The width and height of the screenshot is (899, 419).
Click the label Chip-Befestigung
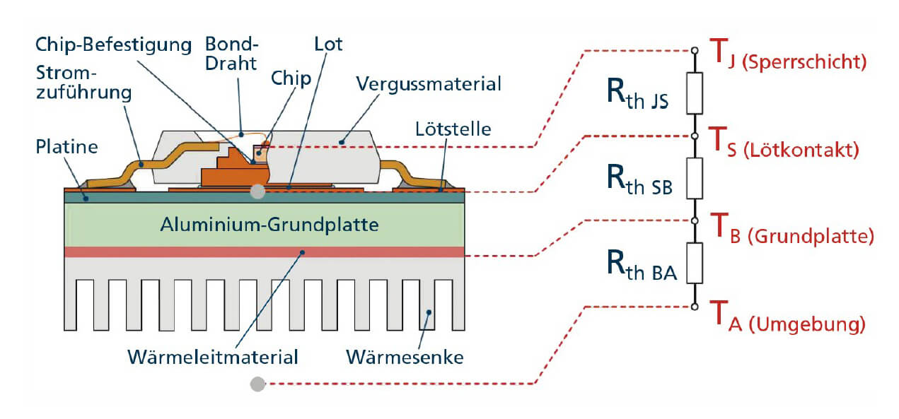(x=114, y=45)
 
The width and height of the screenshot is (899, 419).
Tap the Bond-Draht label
(x=231, y=54)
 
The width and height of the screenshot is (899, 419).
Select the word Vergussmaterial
(x=429, y=85)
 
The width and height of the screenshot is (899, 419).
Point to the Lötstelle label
(x=453, y=129)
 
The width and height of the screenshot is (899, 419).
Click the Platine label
(x=66, y=147)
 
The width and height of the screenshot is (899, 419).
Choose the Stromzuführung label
(x=83, y=83)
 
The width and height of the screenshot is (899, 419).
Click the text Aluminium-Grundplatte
(x=269, y=225)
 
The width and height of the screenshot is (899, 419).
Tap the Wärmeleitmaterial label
(x=213, y=358)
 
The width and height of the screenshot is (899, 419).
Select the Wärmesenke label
(x=405, y=358)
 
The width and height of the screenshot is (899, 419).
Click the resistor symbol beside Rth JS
(x=695, y=93)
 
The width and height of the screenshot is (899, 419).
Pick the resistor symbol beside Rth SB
(x=695, y=178)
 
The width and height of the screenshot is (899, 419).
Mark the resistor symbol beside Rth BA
(x=695, y=263)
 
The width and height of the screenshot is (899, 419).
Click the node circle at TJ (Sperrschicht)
(x=695, y=51)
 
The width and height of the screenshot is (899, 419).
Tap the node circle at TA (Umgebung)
(x=695, y=307)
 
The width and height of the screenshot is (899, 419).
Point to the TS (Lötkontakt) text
(x=784, y=143)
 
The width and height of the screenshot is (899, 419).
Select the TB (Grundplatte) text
(x=792, y=228)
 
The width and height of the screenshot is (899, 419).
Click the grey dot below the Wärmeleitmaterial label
(x=257, y=384)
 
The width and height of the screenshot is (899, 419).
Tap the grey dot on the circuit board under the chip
(x=257, y=191)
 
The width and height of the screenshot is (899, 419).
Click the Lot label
(x=328, y=44)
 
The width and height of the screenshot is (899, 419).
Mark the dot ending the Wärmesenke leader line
(x=429, y=312)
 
